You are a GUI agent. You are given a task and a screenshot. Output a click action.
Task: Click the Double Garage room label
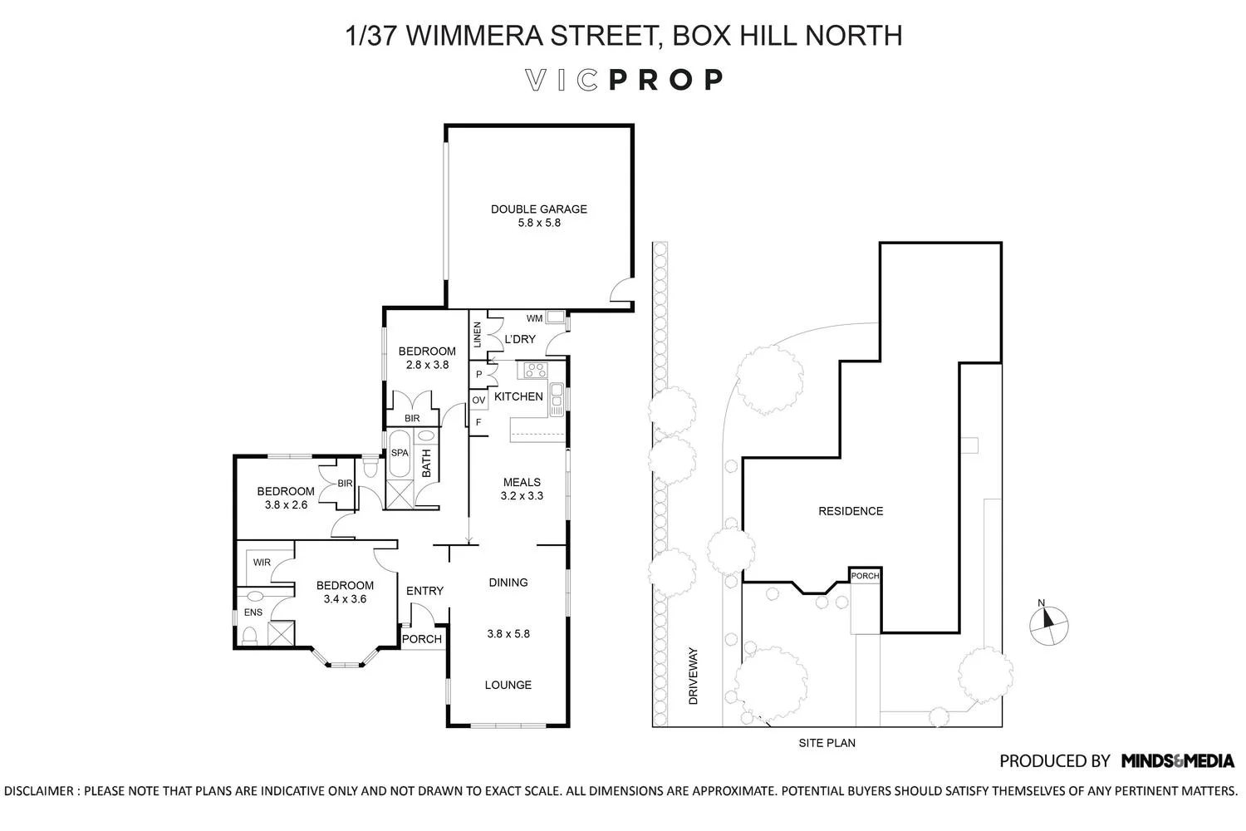click(538, 209)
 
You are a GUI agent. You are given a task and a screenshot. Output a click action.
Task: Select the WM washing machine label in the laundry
click(534, 318)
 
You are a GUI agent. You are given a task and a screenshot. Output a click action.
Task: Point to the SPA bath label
click(400, 453)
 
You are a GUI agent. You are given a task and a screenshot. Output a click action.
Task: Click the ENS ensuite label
click(253, 612)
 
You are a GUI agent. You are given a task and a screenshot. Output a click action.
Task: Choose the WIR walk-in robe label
click(262, 563)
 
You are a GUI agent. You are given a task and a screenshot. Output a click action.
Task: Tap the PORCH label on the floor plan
click(422, 639)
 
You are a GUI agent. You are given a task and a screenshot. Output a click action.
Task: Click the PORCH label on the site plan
click(865, 576)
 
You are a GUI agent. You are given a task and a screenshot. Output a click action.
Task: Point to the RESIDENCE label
click(851, 511)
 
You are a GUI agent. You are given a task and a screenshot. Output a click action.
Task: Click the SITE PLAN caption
click(827, 743)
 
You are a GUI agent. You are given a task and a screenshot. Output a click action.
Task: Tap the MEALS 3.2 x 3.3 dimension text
click(522, 496)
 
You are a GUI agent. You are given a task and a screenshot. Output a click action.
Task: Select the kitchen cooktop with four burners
click(532, 371)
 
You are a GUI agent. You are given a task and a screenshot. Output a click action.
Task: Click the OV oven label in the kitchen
click(478, 401)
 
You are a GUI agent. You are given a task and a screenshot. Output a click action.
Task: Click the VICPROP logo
click(624, 80)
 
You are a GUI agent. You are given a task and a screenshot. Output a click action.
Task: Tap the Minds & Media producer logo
click(1177, 760)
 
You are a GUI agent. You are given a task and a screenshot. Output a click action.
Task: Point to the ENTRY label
click(424, 591)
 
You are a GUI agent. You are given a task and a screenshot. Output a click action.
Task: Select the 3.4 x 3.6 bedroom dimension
click(345, 598)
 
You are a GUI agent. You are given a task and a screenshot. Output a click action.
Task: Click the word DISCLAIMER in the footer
click(39, 791)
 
